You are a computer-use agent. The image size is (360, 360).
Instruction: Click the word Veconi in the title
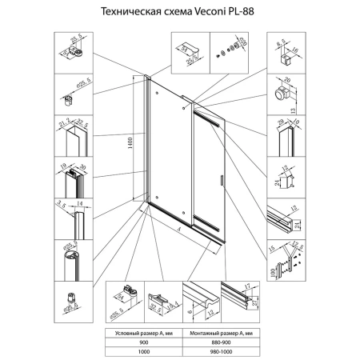[204, 14]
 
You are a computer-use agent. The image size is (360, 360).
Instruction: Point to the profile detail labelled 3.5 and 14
[74, 218]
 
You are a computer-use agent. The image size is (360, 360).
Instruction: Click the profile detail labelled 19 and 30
[74, 178]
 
